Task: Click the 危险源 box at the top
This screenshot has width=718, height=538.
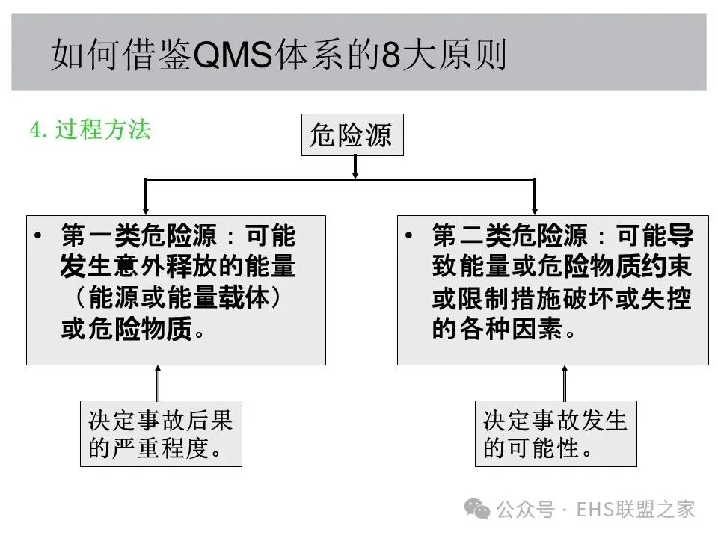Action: (x=352, y=135)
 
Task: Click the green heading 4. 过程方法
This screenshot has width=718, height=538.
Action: (x=90, y=129)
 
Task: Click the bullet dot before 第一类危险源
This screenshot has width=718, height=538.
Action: (x=38, y=237)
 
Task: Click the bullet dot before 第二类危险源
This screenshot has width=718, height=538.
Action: (x=408, y=237)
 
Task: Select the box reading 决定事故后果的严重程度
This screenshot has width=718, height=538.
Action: (x=161, y=433)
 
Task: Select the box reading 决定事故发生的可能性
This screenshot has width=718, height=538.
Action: (x=556, y=433)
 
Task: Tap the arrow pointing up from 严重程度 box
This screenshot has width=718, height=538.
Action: (x=158, y=383)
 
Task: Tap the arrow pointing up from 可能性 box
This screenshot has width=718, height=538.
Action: (x=564, y=383)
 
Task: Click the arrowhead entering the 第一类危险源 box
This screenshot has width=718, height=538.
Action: (x=145, y=209)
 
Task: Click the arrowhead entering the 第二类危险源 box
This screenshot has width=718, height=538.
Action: (x=535, y=209)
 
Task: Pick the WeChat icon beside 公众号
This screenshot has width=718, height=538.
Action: (x=478, y=509)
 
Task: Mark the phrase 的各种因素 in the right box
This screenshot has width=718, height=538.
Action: (x=497, y=330)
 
